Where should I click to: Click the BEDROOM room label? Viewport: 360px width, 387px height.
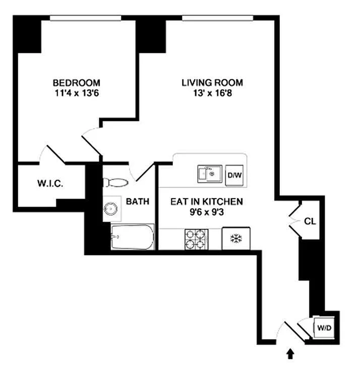click(x=77, y=83)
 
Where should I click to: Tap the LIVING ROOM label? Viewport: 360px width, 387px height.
click(x=212, y=83)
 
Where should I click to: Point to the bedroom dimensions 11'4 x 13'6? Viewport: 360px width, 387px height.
click(x=77, y=93)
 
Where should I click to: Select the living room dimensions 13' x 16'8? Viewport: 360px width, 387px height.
click(x=213, y=93)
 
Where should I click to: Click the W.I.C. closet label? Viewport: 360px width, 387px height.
click(x=50, y=183)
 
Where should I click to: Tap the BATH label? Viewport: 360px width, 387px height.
click(x=138, y=202)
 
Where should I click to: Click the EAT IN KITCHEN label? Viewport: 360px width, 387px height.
click(x=207, y=202)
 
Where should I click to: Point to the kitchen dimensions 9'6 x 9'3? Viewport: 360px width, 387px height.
click(x=207, y=212)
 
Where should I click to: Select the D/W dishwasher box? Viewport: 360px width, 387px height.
click(x=234, y=175)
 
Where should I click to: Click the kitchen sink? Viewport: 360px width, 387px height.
click(x=210, y=174)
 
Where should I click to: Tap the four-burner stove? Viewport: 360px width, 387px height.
click(x=197, y=239)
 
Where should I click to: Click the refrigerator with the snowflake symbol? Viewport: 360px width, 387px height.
click(x=236, y=238)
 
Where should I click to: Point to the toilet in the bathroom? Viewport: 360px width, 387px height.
click(x=115, y=182)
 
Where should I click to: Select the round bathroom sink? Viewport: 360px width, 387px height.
click(x=110, y=209)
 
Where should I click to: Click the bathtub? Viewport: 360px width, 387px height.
click(x=133, y=237)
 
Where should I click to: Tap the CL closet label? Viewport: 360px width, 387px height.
click(x=310, y=221)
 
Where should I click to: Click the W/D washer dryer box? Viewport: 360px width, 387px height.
click(x=324, y=328)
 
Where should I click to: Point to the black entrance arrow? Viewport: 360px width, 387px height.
click(x=290, y=354)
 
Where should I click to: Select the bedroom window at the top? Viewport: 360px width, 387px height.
click(x=85, y=18)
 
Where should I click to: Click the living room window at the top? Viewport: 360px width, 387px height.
click(x=218, y=18)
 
